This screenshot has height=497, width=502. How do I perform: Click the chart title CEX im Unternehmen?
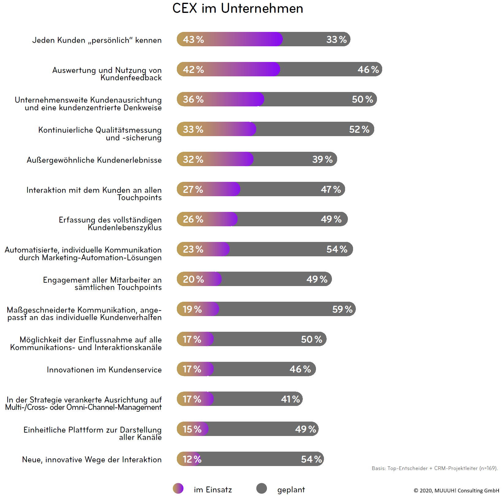(x=238, y=8)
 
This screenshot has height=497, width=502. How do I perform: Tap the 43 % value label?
(x=193, y=40)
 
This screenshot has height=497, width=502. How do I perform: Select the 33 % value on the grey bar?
(x=336, y=40)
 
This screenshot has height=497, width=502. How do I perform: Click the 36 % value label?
(x=193, y=99)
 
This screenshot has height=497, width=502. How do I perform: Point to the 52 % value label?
(x=359, y=129)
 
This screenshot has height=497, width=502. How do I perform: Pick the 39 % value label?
(x=322, y=159)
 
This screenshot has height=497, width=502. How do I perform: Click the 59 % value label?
(x=342, y=309)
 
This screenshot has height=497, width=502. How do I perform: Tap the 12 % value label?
(x=192, y=459)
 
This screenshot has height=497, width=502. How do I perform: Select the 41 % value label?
(x=290, y=399)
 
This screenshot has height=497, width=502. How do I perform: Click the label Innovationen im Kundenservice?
(x=104, y=370)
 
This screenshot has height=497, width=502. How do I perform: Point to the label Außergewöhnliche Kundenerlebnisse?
(x=94, y=160)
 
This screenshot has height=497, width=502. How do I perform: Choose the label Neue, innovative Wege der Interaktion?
(x=92, y=460)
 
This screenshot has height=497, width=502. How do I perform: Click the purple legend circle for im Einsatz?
(x=178, y=488)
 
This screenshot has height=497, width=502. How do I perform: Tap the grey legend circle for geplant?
(x=261, y=488)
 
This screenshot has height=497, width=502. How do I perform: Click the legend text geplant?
(x=291, y=490)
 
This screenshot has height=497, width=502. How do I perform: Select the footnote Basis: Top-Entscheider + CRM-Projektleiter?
(x=435, y=468)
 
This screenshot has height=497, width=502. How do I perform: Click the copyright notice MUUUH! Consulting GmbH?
(x=456, y=491)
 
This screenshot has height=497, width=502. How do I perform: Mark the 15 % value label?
(x=192, y=429)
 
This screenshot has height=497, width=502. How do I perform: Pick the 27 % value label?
(x=193, y=189)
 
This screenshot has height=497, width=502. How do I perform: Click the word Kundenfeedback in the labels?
(x=131, y=78)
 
